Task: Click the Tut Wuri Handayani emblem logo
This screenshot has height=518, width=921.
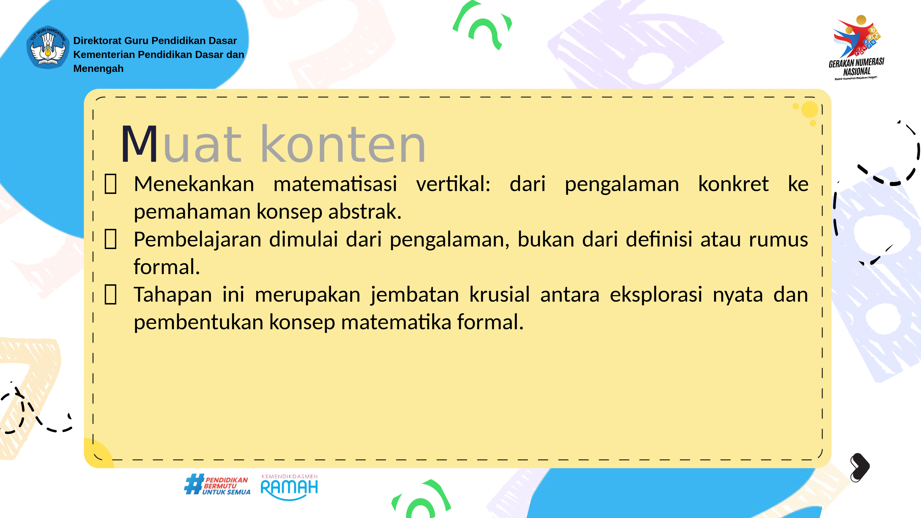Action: click(48, 47)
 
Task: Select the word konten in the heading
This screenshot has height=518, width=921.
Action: click(343, 144)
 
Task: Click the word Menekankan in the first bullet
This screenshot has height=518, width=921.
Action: click(194, 184)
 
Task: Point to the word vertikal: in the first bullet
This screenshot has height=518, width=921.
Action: click(453, 184)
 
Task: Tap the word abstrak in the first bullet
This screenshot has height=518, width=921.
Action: click(365, 211)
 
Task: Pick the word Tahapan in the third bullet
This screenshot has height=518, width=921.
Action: click(173, 295)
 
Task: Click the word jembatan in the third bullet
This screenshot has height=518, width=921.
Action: click(415, 295)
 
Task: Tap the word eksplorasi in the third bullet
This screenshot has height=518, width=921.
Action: click(656, 295)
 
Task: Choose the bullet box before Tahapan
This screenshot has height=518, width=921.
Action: click(111, 295)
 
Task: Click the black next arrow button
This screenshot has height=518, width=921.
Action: click(860, 467)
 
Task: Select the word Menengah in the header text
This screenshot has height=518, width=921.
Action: click(98, 68)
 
